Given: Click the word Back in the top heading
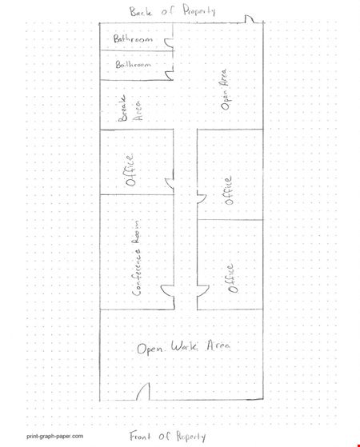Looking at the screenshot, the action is coord(141,12).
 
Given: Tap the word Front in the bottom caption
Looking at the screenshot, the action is coord(140,436).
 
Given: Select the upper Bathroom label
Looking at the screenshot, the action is coord(133,38).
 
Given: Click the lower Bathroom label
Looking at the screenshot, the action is coord(134,64).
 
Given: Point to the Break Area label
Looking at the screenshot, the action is coord(130,108).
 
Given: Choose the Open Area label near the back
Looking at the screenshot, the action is coord(225,90).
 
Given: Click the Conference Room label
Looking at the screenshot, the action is coord(136,257).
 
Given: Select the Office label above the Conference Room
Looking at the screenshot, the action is coord(130,170).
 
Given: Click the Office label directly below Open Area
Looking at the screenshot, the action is coord(229,190).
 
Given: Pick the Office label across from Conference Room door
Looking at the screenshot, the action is coord(231,278).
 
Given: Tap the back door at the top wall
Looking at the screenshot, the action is coord(250,19).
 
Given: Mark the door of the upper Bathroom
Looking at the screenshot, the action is coord(169,42).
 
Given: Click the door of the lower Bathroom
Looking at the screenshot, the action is coord(169,75).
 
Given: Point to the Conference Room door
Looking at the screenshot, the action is coord(167,291).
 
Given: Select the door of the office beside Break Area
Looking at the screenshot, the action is coord(169,183).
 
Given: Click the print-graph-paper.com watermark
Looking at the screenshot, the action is coord(55,436).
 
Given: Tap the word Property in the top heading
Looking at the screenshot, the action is coord(199,11).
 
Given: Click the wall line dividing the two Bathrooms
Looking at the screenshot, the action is coord(137,50).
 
